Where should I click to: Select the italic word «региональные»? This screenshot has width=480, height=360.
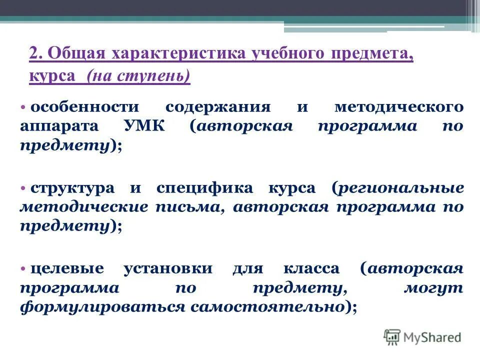coord(400,188)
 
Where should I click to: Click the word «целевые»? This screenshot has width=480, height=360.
coord(67,268)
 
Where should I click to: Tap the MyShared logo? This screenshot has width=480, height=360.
coord(422,337)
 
